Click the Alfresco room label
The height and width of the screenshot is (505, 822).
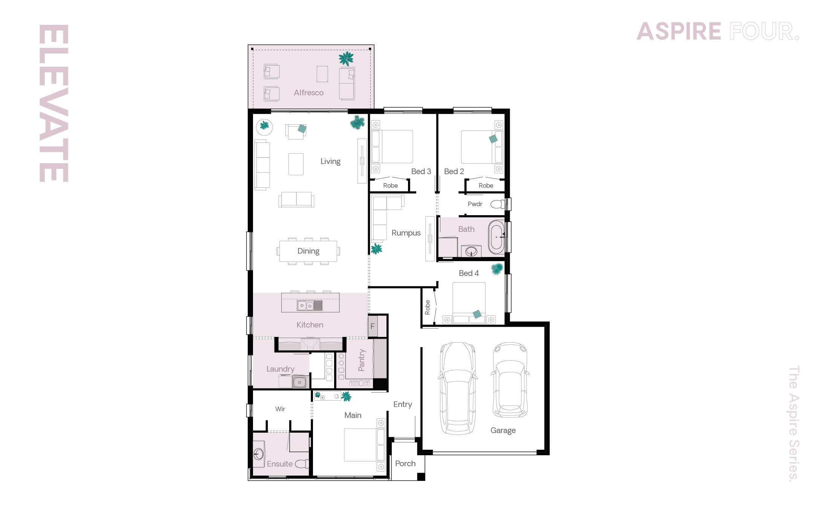[x=308, y=93]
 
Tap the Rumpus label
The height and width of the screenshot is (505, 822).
[x=406, y=233]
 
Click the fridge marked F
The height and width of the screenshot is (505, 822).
[x=373, y=326]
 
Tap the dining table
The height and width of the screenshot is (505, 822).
[x=308, y=251]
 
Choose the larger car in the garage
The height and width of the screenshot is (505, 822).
[x=457, y=388]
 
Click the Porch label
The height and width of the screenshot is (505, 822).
[x=405, y=464]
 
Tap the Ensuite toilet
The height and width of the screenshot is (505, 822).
[x=302, y=464]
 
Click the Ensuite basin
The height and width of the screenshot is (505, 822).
[x=258, y=454]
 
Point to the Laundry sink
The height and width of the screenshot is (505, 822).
[x=300, y=382]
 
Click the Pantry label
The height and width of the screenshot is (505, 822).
[x=362, y=360]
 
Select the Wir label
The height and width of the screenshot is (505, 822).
[x=280, y=409]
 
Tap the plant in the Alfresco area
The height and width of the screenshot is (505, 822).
[x=346, y=59]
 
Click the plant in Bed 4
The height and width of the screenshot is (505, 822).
[x=497, y=269]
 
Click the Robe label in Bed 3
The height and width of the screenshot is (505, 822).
[x=390, y=185]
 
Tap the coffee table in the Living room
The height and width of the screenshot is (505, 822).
[x=296, y=164]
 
